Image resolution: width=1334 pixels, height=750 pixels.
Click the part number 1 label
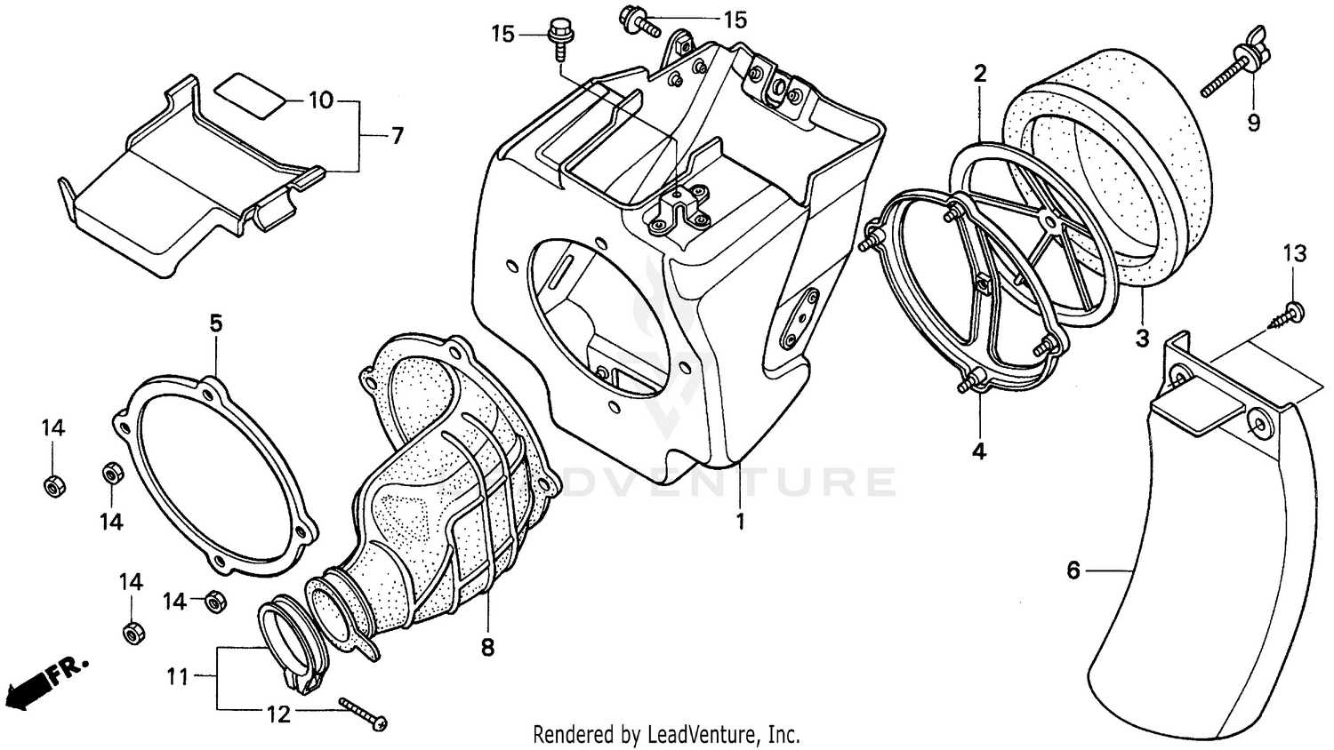(x=739, y=522)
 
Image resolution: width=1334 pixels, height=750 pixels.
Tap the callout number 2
(x=979, y=74)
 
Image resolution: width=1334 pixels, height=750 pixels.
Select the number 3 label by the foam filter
(x=1142, y=339)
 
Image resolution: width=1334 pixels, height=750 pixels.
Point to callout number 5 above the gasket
(x=216, y=323)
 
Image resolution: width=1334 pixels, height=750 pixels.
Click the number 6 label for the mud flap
(x=1073, y=570)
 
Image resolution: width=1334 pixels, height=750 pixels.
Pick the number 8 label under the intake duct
(x=487, y=648)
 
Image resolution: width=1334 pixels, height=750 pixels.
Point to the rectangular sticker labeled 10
(x=251, y=94)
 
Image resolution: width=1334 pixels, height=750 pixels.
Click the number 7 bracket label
(x=397, y=136)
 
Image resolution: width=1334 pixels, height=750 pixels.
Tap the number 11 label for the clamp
(x=178, y=677)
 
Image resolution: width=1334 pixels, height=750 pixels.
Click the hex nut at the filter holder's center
(x=984, y=283)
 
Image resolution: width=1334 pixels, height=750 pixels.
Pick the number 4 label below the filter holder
(x=978, y=451)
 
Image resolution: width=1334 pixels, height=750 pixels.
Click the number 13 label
(x=1295, y=254)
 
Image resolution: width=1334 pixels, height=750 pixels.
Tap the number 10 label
(x=321, y=100)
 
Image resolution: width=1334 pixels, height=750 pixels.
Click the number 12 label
(x=278, y=714)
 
